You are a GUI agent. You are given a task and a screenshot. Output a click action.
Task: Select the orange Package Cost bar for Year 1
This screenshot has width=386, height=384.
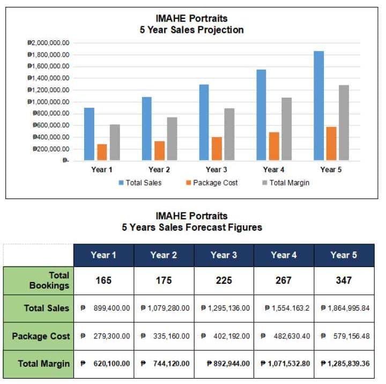coord(102,152)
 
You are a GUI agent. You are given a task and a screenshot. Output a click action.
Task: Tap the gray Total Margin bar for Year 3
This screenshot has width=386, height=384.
coord(229,134)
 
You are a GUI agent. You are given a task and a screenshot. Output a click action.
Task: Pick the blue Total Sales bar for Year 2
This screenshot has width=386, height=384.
coord(147,129)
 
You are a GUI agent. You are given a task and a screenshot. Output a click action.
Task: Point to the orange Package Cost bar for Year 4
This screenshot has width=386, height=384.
coord(274,146)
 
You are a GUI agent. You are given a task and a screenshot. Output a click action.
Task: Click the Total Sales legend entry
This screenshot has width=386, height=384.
coord(140,183)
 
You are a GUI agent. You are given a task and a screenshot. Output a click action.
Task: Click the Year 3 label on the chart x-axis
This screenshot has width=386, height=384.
coord(217,170)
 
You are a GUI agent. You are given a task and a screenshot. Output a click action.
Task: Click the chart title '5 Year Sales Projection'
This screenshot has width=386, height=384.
coord(191,30)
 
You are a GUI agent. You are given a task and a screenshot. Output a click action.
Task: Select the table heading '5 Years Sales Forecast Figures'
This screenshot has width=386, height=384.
coord(191,227)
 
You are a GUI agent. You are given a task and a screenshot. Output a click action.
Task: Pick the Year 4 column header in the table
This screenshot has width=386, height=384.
coord(284,255)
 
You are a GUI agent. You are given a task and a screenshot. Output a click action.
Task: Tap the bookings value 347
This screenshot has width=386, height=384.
coord(344,280)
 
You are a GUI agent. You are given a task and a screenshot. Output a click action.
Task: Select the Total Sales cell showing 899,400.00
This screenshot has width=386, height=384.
coord(104,308)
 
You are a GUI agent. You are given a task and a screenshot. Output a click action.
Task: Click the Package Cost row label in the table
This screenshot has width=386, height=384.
coord(41,336)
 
